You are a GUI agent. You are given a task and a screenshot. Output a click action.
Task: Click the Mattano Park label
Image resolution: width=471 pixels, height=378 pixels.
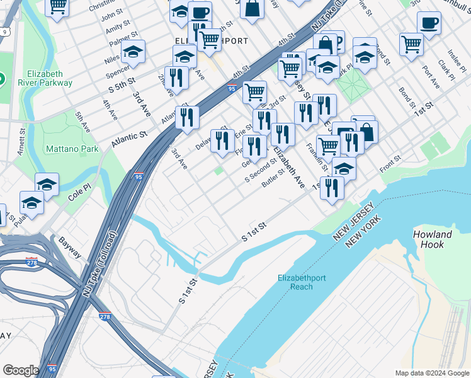[x=72, y=149]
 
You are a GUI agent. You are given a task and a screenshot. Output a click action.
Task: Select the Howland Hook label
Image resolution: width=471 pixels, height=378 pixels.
[x=433, y=239]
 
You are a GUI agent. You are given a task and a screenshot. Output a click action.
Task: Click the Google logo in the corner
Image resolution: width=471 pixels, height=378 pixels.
[x=21, y=370]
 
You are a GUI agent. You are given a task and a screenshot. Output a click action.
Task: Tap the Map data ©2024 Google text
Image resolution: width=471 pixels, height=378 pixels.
[x=432, y=373]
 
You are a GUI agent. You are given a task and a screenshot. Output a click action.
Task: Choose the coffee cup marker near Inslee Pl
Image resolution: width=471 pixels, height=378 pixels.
[x=429, y=24]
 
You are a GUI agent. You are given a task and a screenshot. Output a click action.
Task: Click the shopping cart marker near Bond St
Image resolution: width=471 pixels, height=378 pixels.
[x=411, y=44]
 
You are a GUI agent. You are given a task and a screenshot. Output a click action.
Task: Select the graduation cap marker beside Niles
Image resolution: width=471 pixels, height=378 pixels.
[x=133, y=52]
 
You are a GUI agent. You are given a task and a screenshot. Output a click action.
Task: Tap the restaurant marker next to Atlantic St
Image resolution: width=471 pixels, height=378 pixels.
[x=187, y=117]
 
